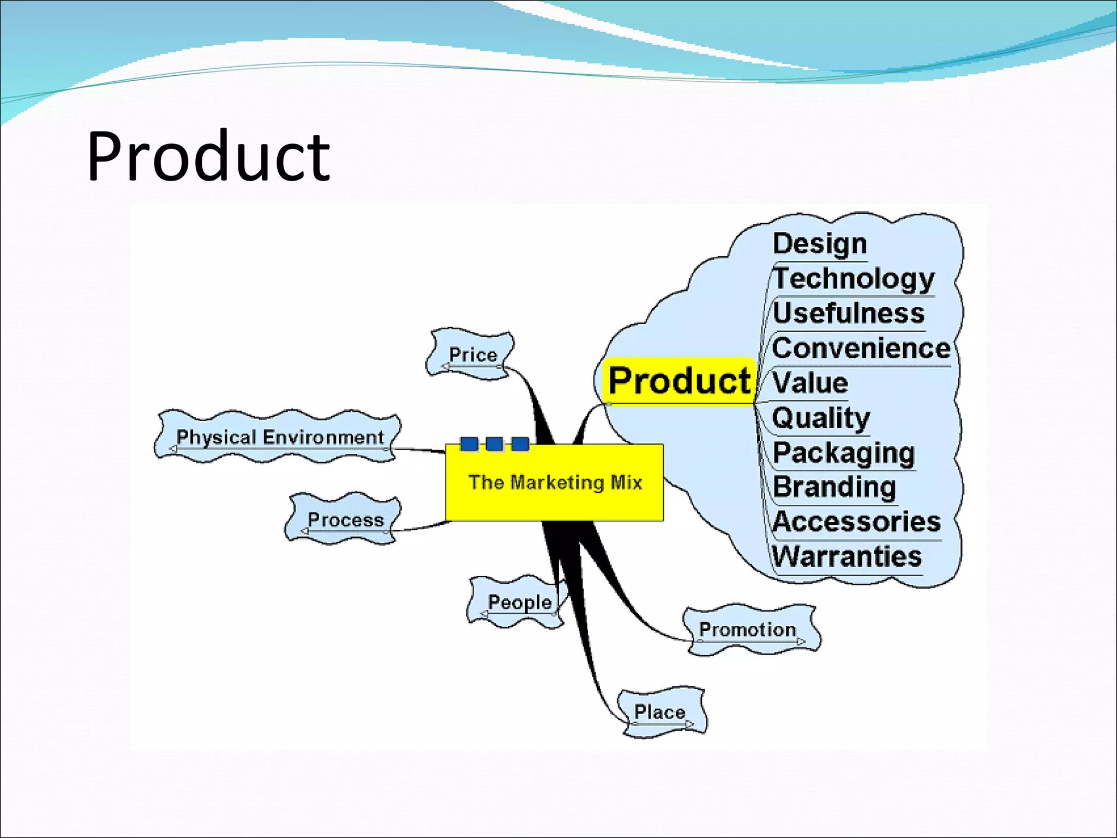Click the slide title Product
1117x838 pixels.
pos(208,157)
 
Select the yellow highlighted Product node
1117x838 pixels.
pos(679,381)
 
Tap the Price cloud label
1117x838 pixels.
pos(472,355)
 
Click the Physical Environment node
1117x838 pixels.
pos(280,437)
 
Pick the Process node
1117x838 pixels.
pos(345,519)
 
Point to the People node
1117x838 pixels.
pos(519,602)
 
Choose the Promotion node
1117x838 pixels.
pos(747,630)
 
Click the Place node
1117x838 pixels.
pos(659,712)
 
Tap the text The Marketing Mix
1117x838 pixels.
pos(555,483)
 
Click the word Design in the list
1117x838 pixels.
pos(820,243)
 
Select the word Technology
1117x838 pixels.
pos(854,278)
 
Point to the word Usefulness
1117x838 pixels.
pos(849,313)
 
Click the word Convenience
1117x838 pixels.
pos(861,348)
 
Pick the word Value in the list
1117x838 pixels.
pos(810,382)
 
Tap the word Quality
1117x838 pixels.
pos(821,418)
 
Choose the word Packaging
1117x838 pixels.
pos(844,453)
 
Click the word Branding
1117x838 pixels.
pos(834,487)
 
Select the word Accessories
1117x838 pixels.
pos(857,522)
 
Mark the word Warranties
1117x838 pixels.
pos(847,557)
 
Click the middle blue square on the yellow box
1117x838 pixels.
pos(494,444)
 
